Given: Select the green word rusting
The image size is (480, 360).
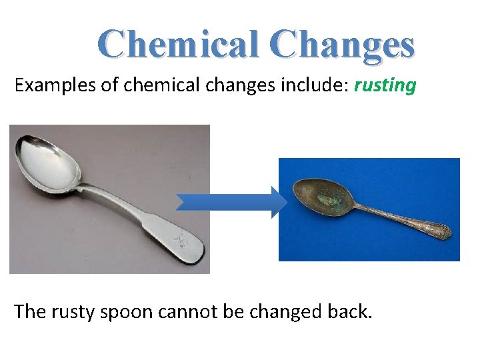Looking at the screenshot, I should tap(385, 85).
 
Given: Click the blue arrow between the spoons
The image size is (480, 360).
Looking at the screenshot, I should tap(231, 202).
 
